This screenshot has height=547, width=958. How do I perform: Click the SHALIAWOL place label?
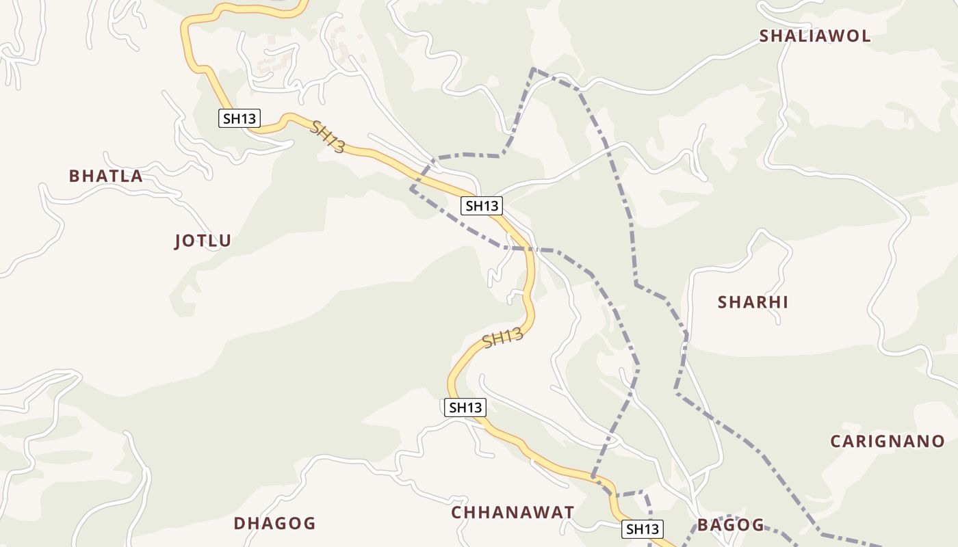pos(815,36)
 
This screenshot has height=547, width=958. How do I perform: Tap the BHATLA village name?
pos(106,176)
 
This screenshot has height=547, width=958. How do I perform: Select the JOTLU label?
pos(203,241)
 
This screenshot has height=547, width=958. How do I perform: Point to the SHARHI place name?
pos(753,302)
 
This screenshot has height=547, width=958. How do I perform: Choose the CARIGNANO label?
pos(887,442)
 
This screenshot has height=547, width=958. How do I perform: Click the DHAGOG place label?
pos(274,524)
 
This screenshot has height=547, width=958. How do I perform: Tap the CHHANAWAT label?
pos(513,513)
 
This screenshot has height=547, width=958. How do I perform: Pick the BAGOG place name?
pos(731,525)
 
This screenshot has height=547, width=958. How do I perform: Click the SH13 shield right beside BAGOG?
pos(643,529)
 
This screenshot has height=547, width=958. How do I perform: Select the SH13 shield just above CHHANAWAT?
pos(465,408)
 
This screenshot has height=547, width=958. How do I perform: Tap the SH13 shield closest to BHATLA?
pos(239,118)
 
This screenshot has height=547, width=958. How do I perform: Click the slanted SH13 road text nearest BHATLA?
pos(328,137)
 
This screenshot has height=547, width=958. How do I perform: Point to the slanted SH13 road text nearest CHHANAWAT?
pos(503,338)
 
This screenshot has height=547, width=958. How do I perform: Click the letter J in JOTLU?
pos(179,241)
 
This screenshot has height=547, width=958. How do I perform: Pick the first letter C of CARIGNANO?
pos(836,442)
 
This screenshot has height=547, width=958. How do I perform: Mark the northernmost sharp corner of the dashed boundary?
pos(533,69)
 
